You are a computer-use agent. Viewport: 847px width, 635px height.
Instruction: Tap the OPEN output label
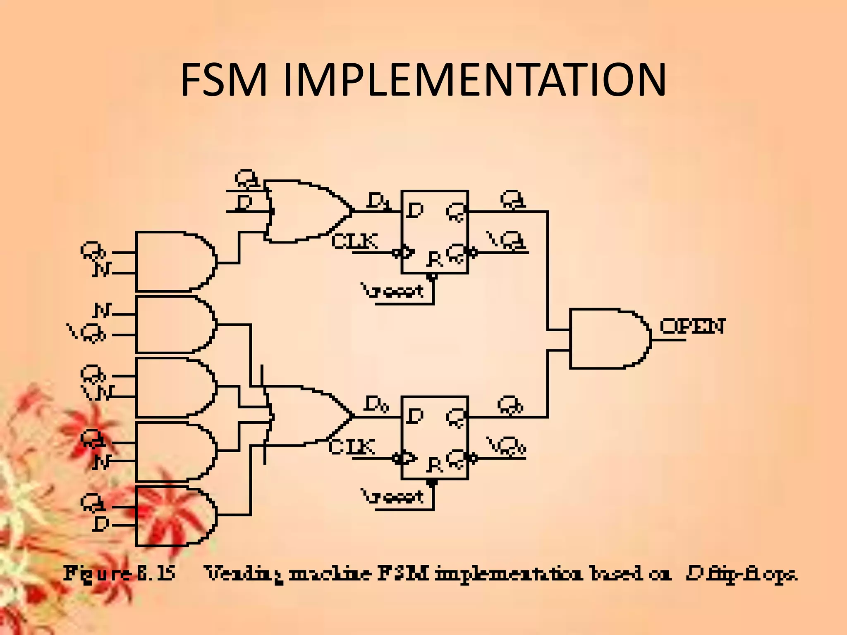(x=692, y=327)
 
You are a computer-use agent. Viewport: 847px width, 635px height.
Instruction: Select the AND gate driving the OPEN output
(x=608, y=338)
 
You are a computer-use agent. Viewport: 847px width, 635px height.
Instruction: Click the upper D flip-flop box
(x=434, y=232)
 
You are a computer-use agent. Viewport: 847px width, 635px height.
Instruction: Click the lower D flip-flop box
(x=434, y=437)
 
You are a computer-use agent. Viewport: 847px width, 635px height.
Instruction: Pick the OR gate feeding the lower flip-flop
(x=306, y=416)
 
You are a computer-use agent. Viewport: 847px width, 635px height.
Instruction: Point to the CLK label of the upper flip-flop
(x=354, y=241)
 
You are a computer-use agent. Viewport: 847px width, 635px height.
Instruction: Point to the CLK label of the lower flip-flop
(x=352, y=447)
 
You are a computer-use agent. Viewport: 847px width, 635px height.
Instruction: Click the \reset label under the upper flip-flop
(x=393, y=291)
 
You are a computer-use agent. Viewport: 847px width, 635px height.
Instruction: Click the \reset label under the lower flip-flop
(x=393, y=496)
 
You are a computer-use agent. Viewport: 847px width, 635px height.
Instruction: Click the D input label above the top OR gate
(x=244, y=203)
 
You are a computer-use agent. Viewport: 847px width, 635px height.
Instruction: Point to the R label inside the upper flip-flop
(x=435, y=259)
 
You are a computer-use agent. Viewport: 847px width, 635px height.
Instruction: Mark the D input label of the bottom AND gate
(x=100, y=525)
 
